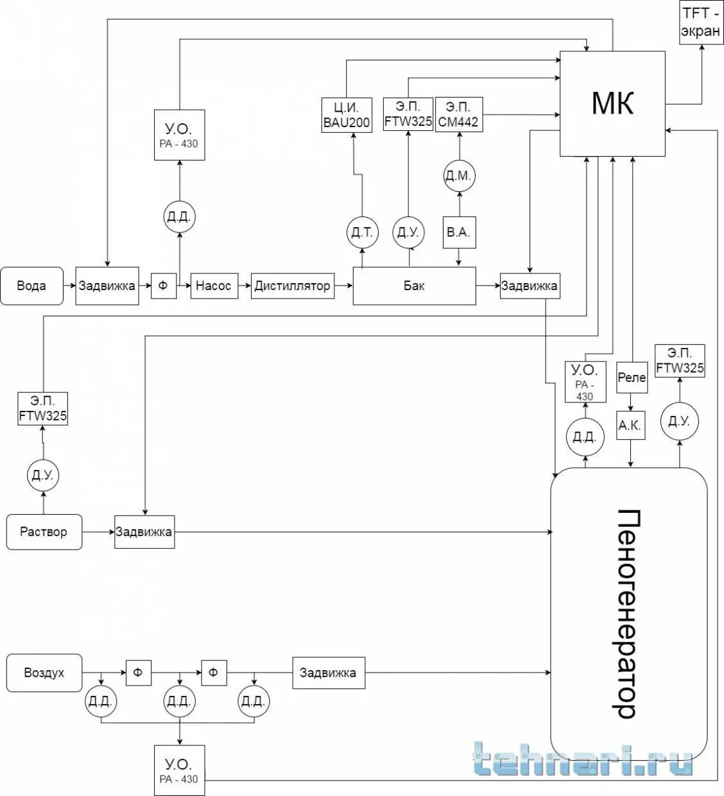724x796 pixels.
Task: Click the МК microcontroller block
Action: pos(612,103)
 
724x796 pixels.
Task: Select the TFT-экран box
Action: pos(701,22)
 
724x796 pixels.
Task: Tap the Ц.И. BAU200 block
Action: pos(347,116)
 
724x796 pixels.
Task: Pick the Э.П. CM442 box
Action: pos(458,115)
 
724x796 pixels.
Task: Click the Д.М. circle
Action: pos(459,176)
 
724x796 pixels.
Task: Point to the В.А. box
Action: pos(458,232)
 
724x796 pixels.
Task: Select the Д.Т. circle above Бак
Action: pos(363,232)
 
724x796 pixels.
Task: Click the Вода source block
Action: pos(31,286)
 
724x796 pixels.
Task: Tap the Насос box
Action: pos(214,286)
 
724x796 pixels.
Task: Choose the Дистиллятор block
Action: pos(292,286)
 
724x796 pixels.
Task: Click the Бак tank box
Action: pos(414,286)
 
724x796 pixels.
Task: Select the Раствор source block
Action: pos(44,532)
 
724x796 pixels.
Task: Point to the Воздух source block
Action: pos(44,673)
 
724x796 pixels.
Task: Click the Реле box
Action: pos(632,377)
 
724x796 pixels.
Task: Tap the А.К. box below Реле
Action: pos(630,425)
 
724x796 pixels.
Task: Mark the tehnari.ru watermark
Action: pos(582,761)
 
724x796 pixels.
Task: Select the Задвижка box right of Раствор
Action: pos(144,532)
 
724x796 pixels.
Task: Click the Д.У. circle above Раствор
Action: pos(43,476)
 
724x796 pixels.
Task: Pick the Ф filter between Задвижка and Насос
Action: pos(163,286)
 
